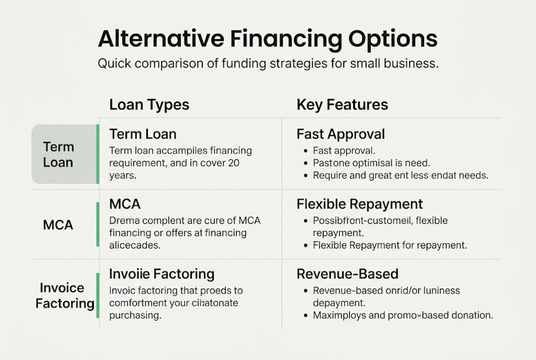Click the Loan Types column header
[149, 104]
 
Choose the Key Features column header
[342, 104]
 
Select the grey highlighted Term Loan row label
[58, 154]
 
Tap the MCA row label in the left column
[58, 225]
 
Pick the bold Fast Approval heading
[341, 134]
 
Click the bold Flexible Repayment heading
[360, 204]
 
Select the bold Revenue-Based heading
[347, 274]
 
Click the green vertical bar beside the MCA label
[97, 224]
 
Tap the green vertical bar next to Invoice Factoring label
[97, 295]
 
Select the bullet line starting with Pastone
[371, 163]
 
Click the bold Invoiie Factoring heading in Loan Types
[161, 274]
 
